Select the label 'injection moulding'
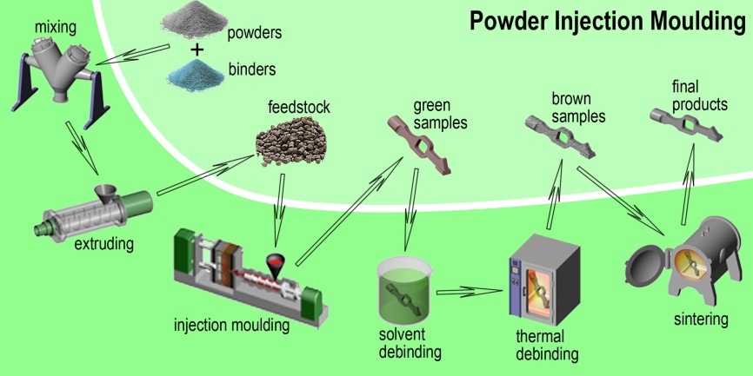pyautogui.click(x=232, y=327)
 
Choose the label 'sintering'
pyautogui.click(x=700, y=320)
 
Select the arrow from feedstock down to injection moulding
pyautogui.click(x=278, y=200)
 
